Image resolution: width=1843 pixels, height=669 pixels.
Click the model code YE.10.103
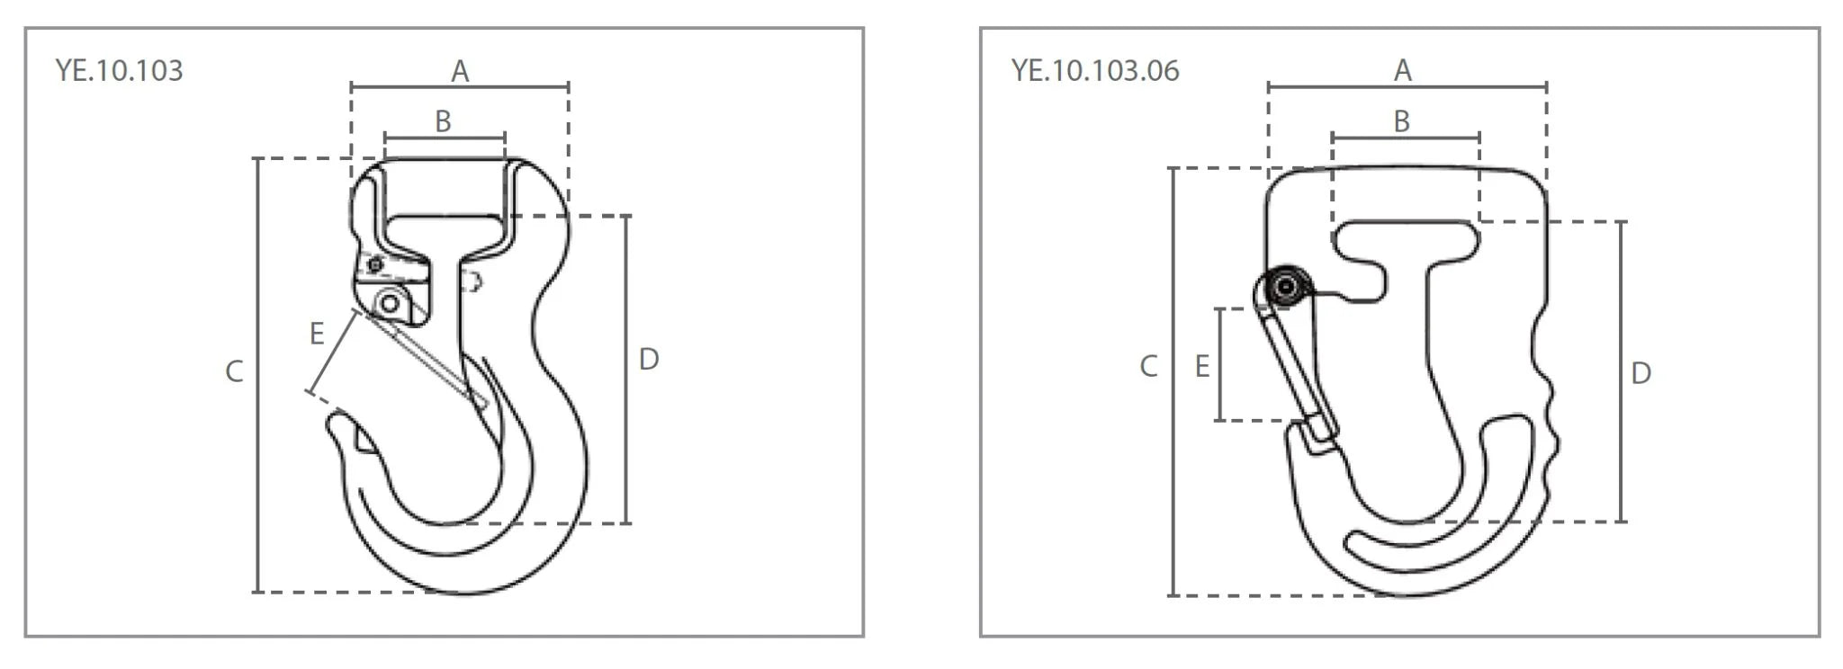pos(119,70)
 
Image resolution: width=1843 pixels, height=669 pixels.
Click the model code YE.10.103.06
pos(1094,70)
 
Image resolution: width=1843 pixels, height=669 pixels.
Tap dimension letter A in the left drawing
pos(460,71)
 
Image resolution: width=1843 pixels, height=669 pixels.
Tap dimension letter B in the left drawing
pos(443,121)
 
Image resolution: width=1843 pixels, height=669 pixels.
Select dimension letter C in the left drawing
pos(234,371)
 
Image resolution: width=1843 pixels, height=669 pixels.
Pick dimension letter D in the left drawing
pos(649,360)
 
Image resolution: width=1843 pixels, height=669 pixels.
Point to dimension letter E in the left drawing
pos(317,334)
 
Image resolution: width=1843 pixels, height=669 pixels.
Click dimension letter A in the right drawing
pos(1403,70)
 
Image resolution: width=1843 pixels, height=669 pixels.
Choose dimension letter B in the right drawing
pos(1401,121)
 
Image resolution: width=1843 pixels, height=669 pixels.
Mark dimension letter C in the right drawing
pos(1148,366)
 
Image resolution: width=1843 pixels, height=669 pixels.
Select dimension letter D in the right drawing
pos(1641,373)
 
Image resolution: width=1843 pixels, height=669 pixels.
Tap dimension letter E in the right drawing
pos(1201,366)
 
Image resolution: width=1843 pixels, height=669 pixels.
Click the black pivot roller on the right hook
pos(1286,287)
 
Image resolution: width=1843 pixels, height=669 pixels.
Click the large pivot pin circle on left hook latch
pos(390,303)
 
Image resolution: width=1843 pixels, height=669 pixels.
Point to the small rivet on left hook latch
pos(374,263)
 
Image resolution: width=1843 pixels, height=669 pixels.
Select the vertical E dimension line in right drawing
pos(1219,365)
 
